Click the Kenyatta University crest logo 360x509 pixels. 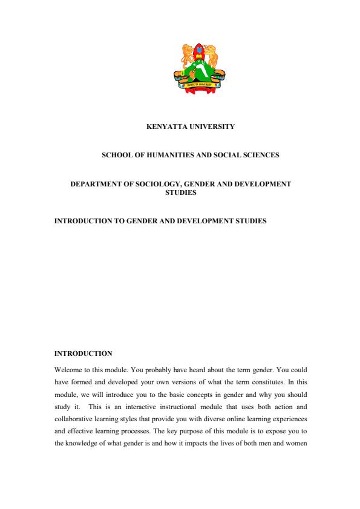click(x=199, y=68)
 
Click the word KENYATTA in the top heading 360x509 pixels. click(x=166, y=127)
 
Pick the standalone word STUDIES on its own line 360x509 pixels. click(x=181, y=193)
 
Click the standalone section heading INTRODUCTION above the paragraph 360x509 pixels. click(x=83, y=353)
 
